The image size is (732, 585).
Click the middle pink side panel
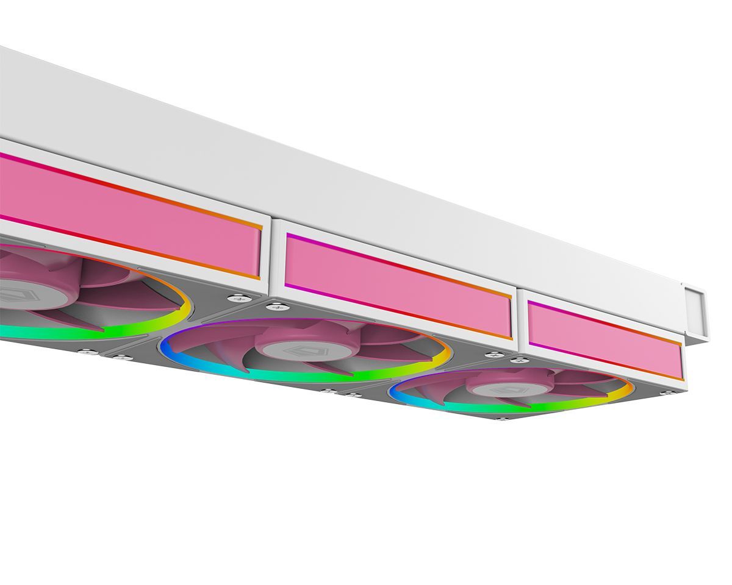point(396,283)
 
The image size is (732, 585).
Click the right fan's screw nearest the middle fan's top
point(492,354)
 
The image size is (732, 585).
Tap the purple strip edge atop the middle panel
point(317,242)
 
